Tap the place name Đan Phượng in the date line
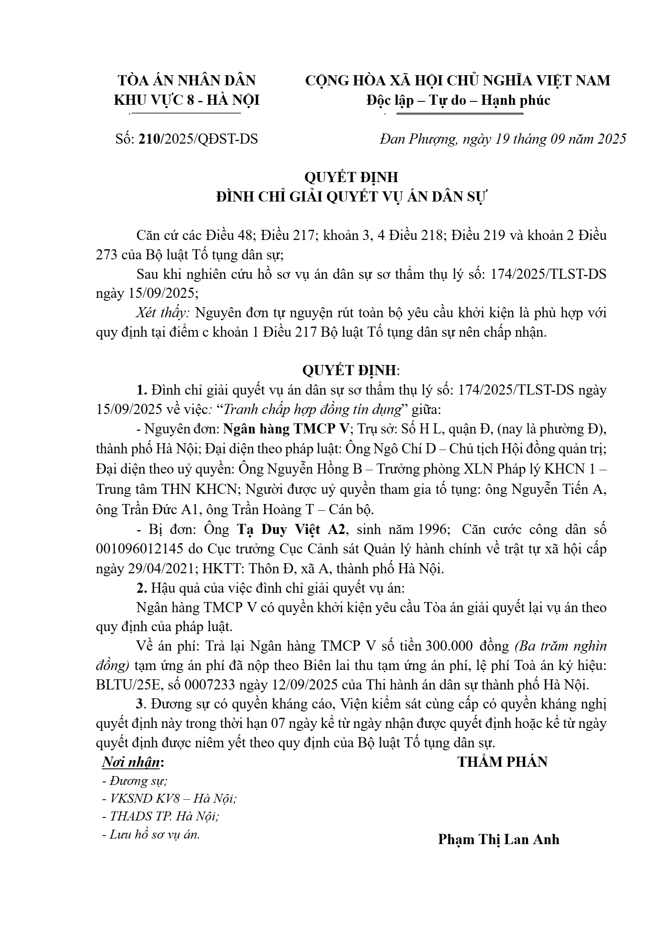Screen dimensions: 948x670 tap(418, 139)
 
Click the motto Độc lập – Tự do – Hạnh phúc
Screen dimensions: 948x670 tap(458, 100)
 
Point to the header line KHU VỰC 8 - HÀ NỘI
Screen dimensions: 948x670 tap(187, 100)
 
